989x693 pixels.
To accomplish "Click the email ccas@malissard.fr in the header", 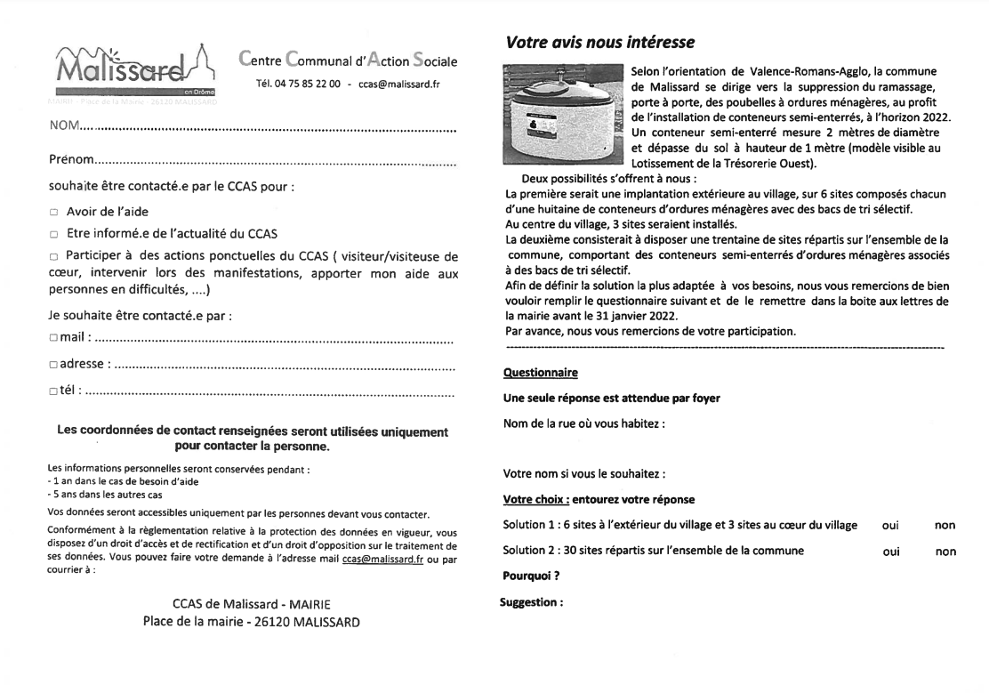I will point(398,85).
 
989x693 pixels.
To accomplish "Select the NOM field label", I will point(65,127).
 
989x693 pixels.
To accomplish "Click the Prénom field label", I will point(71,159).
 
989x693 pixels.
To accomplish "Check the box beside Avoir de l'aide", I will point(54,213).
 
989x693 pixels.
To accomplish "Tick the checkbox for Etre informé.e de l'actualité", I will point(54,235).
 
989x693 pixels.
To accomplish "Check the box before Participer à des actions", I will point(54,258).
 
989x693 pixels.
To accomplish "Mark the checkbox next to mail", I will point(53,338).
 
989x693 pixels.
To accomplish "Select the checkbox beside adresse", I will point(53,364).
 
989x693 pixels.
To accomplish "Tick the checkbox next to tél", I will point(53,390).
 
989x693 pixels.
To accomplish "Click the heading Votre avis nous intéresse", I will point(599,42).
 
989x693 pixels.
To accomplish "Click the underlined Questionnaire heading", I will point(540,373).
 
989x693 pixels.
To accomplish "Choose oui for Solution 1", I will point(890,526).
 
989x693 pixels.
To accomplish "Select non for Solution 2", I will point(945,552).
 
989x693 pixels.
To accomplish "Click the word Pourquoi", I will point(531,576).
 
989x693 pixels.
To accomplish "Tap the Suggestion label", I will point(532,602).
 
